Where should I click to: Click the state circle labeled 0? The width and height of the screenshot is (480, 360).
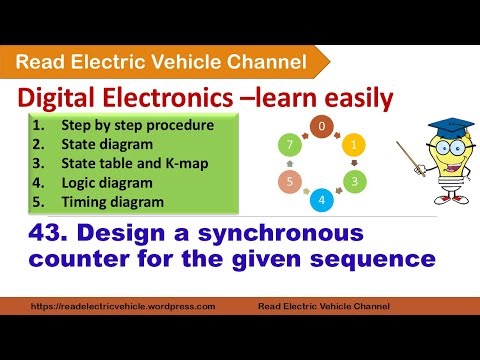point(322,127)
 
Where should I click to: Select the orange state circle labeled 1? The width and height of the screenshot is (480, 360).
point(352,143)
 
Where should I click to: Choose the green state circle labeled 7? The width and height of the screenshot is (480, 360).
point(290,144)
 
